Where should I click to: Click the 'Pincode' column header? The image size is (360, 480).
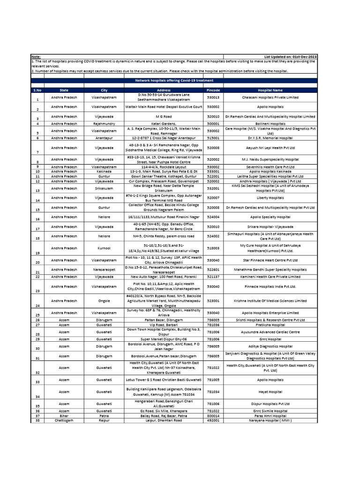213,90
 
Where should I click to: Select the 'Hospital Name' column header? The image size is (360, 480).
270,90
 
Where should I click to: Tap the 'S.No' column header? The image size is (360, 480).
37,90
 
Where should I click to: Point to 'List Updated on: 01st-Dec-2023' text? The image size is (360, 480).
290,57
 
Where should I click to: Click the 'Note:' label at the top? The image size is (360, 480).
36,57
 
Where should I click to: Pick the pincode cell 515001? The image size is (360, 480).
213,138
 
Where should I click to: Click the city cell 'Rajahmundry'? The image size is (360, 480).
104,124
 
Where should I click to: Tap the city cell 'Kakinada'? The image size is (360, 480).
104,172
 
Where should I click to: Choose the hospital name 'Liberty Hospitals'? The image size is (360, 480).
270,198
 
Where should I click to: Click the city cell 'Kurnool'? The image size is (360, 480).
104,248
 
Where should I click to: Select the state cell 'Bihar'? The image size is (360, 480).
64,416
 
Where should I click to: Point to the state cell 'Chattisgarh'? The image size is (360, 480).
64,420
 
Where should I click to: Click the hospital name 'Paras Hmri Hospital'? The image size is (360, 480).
270,416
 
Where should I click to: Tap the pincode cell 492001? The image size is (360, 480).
213,420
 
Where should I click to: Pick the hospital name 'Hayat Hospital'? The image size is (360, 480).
270,391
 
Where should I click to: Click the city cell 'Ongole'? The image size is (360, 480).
104,300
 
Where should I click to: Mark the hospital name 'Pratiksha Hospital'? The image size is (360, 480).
270,324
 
